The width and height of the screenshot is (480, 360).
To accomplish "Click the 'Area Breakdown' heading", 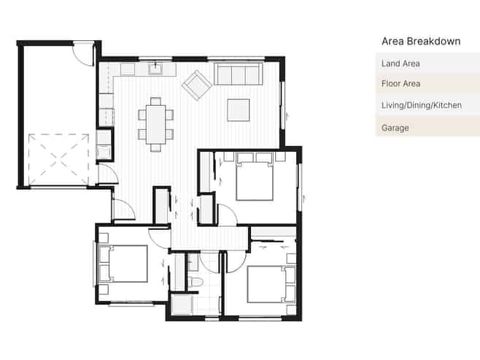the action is click(421, 42).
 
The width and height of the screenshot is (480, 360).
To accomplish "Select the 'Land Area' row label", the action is click(400, 64).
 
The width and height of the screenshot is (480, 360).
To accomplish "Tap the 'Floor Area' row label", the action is click(400, 84).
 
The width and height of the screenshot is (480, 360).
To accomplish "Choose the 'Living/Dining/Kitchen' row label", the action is click(421, 105).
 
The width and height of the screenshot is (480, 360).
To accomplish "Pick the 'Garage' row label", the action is click(395, 128).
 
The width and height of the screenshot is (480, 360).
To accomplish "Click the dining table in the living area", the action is click(156, 124).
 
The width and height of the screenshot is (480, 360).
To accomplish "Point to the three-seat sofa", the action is click(239, 74).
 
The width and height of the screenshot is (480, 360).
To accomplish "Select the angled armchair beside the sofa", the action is click(196, 85).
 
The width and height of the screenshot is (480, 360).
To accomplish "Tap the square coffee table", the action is click(239, 110).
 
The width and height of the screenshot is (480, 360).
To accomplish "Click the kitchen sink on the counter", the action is click(156, 69).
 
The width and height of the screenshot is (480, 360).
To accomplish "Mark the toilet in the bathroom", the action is click(195, 282).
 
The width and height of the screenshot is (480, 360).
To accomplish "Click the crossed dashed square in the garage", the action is click(59, 159).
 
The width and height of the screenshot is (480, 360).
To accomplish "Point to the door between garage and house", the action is click(109, 174).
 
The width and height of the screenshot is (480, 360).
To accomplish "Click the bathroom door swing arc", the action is click(209, 262).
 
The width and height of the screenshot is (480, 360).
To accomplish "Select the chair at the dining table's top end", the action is click(156, 101).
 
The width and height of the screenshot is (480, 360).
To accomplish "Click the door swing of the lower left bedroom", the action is click(159, 238).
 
